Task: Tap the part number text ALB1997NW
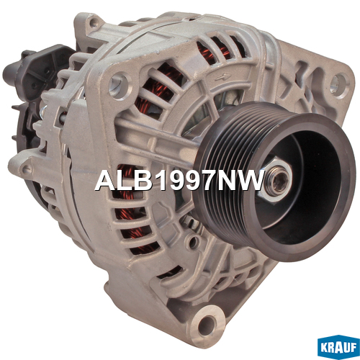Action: pos(180,181)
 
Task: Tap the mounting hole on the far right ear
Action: pos(338,82)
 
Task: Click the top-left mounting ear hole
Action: pos(93,24)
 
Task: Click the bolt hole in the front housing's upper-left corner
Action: pos(118,85)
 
